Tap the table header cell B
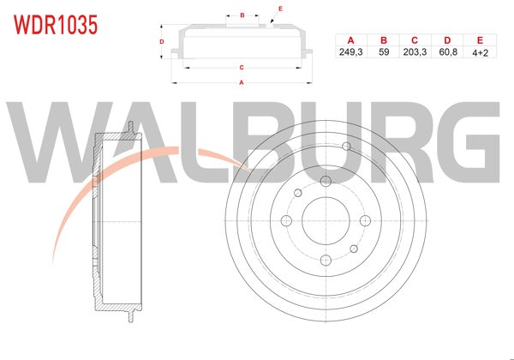point(383,40)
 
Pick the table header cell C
point(414,40)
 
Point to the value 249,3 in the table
point(350,52)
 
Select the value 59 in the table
point(383,52)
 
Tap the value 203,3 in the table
point(414,52)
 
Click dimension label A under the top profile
point(242,82)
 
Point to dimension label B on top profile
point(242,15)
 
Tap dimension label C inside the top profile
point(242,66)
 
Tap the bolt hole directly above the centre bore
point(326,181)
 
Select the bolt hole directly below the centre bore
point(326,261)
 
